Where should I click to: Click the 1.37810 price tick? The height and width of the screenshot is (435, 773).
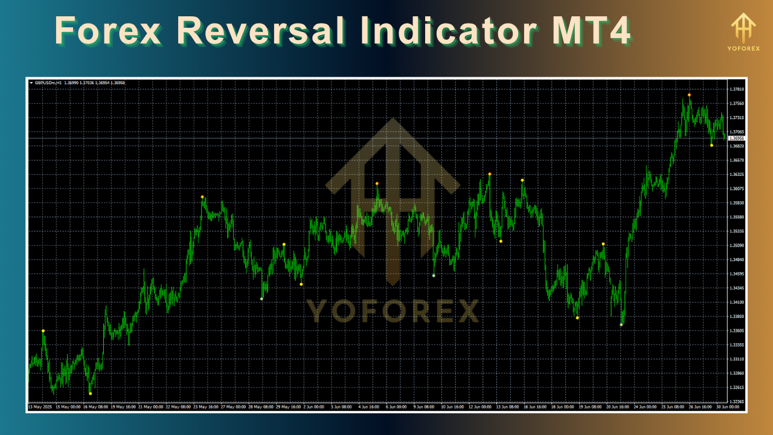pyautogui.click(x=736, y=89)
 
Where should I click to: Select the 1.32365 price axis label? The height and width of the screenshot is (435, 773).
pyautogui.click(x=736, y=402)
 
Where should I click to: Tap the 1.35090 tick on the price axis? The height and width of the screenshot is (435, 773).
pyautogui.click(x=736, y=246)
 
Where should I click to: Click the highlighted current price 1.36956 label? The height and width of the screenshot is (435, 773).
pyautogui.click(x=737, y=138)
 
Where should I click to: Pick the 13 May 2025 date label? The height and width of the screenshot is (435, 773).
pyautogui.click(x=38, y=407)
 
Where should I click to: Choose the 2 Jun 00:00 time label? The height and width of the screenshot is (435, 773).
pyautogui.click(x=313, y=407)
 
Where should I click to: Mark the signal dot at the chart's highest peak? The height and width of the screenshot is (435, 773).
pyautogui.click(x=689, y=95)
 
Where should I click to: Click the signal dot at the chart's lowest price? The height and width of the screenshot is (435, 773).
pyautogui.click(x=91, y=394)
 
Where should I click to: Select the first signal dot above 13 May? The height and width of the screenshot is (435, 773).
pyautogui.click(x=43, y=331)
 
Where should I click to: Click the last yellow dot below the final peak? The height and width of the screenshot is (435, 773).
pyautogui.click(x=711, y=146)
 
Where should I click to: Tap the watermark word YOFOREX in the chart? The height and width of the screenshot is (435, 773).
pyautogui.click(x=393, y=311)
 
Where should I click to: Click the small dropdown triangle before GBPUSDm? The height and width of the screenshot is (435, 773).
pyautogui.click(x=31, y=83)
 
